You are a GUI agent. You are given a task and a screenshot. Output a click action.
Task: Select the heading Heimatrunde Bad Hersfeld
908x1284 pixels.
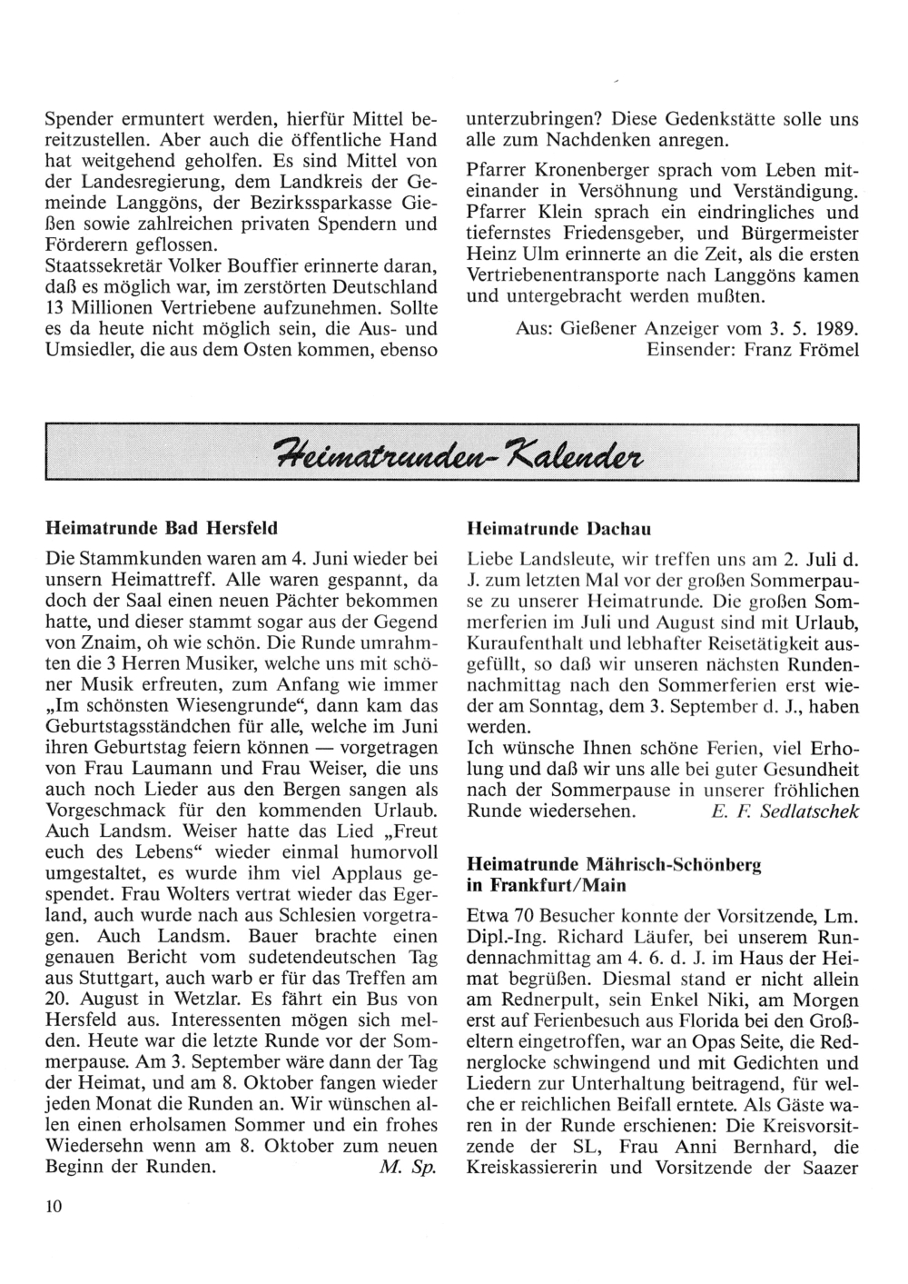pos(162,527)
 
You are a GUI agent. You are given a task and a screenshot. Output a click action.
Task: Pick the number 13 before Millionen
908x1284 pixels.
pos(54,308)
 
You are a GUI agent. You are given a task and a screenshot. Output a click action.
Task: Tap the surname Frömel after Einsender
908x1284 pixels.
pos(826,349)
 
